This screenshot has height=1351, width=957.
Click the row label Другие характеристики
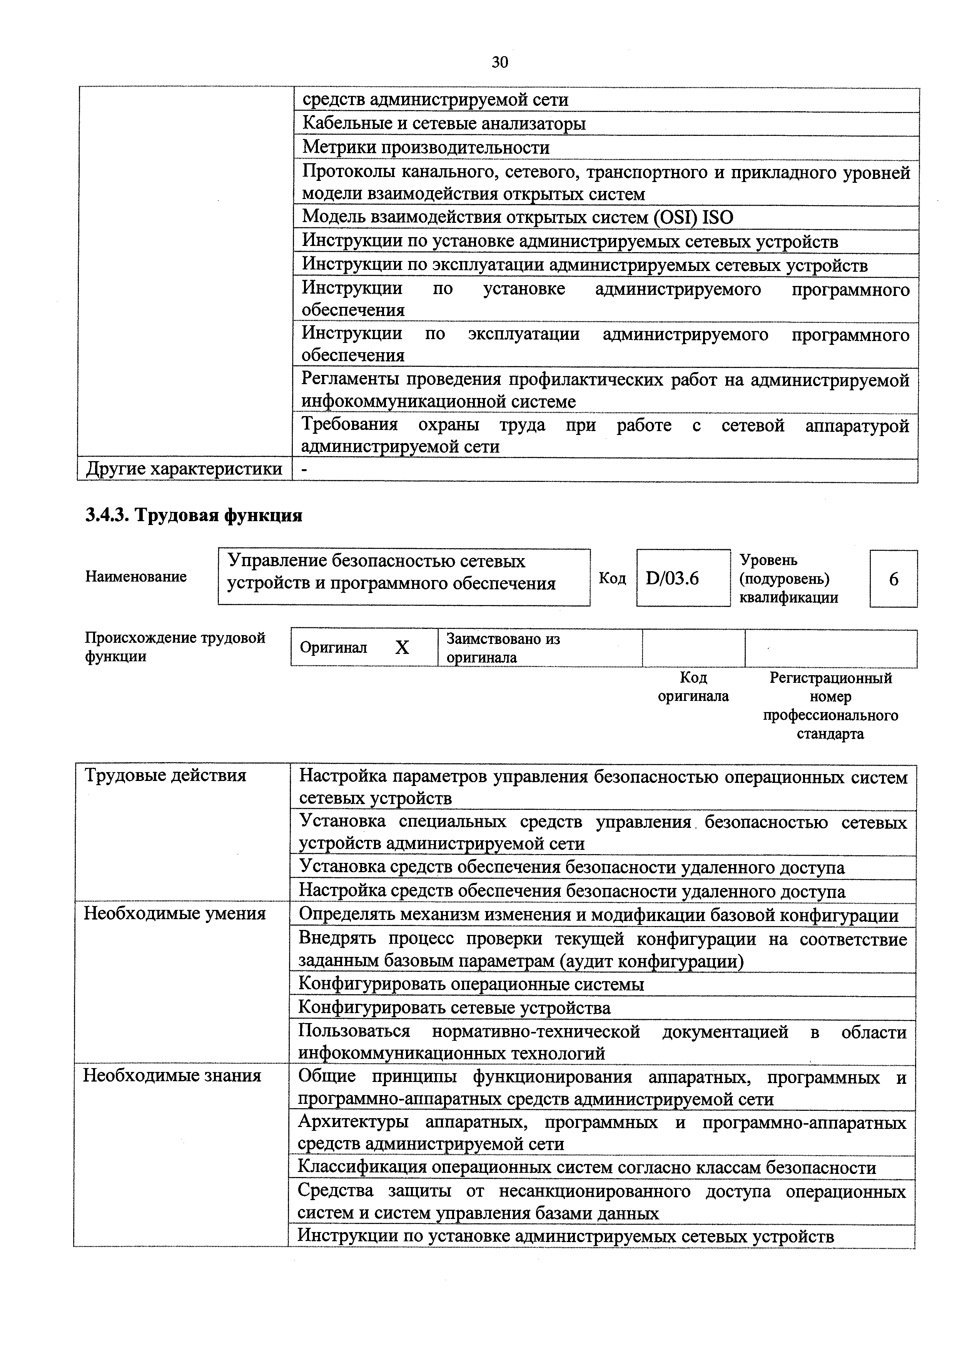(184, 469)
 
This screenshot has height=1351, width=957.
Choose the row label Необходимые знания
(172, 1076)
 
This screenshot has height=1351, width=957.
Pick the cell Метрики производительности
(426, 147)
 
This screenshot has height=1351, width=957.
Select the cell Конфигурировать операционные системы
(471, 984)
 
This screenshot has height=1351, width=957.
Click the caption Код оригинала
(693, 687)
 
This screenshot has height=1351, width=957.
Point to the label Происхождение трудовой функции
(175, 647)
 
